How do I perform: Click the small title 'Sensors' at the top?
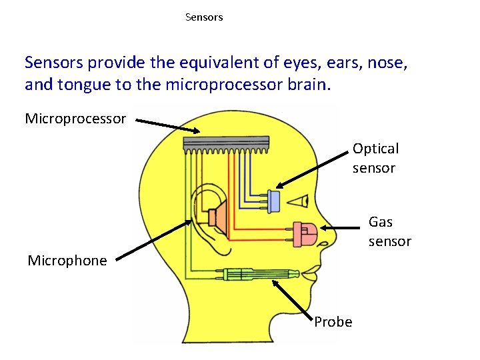tap(204, 17)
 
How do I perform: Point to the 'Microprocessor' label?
tap(75, 119)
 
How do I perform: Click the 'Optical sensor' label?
tap(375, 158)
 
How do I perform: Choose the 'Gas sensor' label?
tap(390, 231)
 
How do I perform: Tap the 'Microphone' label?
tap(67, 261)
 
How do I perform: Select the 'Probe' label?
tap(333, 322)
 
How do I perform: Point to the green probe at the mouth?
tap(260, 273)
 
